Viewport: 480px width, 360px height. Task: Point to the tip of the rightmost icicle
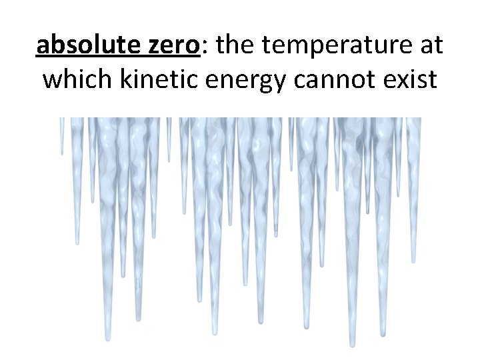pos(414,262)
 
